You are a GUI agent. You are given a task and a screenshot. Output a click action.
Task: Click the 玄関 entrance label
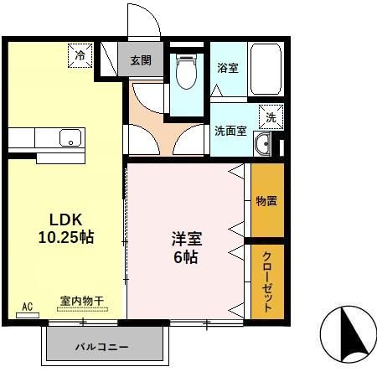pos(141,59)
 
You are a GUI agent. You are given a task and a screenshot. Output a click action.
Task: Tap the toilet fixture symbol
pos(186,73)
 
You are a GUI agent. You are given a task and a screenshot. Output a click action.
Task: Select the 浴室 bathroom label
pos(227,67)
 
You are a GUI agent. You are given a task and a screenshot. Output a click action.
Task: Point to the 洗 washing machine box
pos(270,118)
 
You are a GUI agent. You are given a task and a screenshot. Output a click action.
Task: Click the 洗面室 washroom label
pos(230,131)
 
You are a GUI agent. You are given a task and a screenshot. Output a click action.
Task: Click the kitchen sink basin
pos(68,138)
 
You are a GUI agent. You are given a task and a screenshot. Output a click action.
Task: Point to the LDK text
pos(65,219)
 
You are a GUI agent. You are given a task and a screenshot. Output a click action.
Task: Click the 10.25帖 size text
pos(65,237)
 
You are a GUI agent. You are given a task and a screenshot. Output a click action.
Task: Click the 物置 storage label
pos(267,201)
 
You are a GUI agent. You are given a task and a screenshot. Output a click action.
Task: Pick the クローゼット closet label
pos(267,281)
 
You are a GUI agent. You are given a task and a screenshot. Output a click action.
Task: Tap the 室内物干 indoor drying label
pos(82,299)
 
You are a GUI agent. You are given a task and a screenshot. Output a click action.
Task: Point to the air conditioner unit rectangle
pos(27,315)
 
